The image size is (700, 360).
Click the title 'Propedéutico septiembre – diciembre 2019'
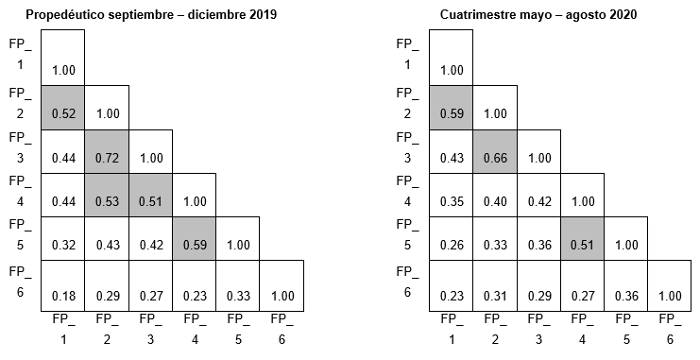[x=151, y=16]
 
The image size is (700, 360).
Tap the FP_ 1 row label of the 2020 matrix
[x=407, y=54]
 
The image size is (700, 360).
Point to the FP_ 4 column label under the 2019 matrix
[x=194, y=327]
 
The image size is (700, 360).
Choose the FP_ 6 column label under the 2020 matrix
[x=669, y=327]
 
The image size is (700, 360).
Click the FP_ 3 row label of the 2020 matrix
[x=407, y=146]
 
